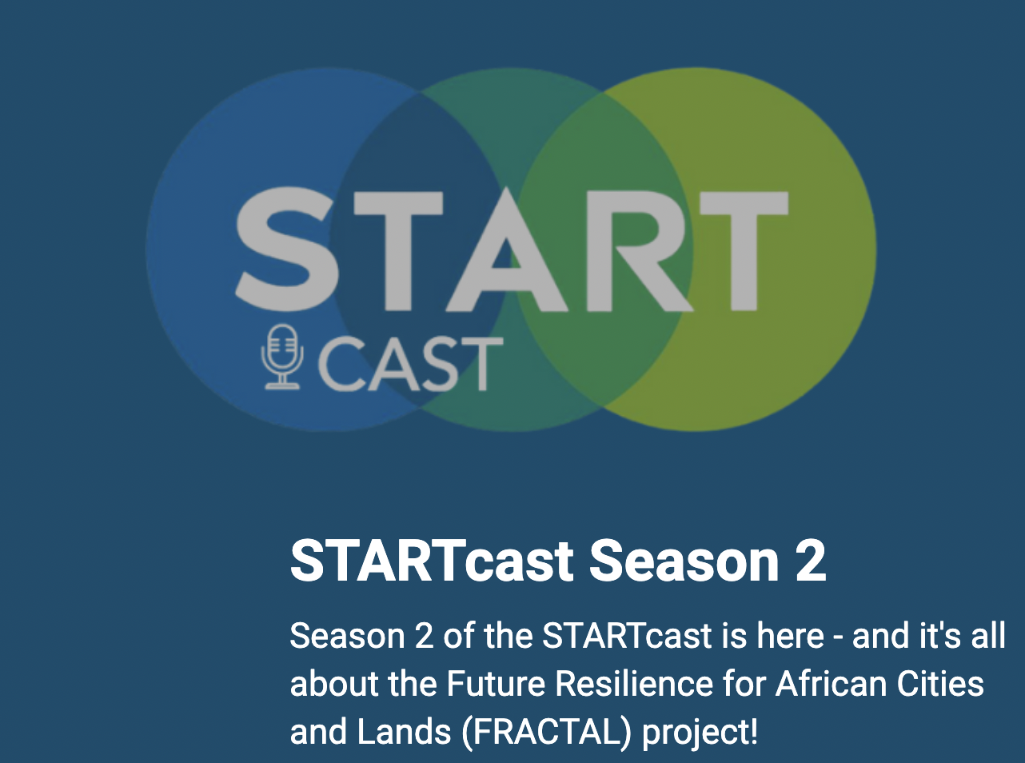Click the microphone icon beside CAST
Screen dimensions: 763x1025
pyautogui.click(x=281, y=358)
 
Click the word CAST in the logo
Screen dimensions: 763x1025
pyautogui.click(x=410, y=364)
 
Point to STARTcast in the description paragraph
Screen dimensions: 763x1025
pyautogui.click(x=627, y=637)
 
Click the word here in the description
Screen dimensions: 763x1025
pyautogui.click(x=791, y=637)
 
